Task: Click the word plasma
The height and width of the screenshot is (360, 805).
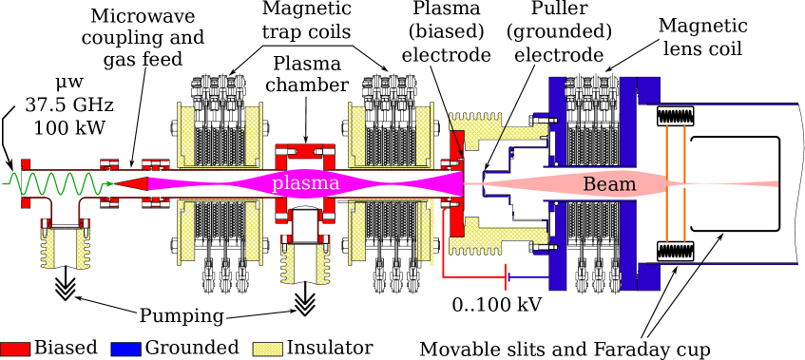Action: point(305,183)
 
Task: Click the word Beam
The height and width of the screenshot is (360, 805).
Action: point(608,184)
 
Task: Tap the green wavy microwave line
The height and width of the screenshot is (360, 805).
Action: point(52,183)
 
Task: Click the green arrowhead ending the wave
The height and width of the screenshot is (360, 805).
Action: point(110,183)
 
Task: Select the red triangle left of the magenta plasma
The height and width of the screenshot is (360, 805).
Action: point(132,183)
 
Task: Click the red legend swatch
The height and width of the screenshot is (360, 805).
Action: point(15,349)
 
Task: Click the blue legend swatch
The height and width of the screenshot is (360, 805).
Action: point(125,349)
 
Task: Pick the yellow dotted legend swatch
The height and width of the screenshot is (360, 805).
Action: point(267,349)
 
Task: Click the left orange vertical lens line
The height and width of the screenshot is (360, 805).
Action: point(667,182)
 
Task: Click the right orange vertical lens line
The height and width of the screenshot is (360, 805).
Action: point(683,182)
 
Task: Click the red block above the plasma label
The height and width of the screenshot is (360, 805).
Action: point(305,151)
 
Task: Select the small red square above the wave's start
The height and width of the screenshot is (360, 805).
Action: point(26,164)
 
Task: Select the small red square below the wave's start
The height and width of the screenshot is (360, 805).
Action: point(26,201)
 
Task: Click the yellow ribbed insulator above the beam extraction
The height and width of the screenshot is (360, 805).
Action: point(480,122)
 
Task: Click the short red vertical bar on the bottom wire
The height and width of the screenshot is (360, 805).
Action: point(506,276)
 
